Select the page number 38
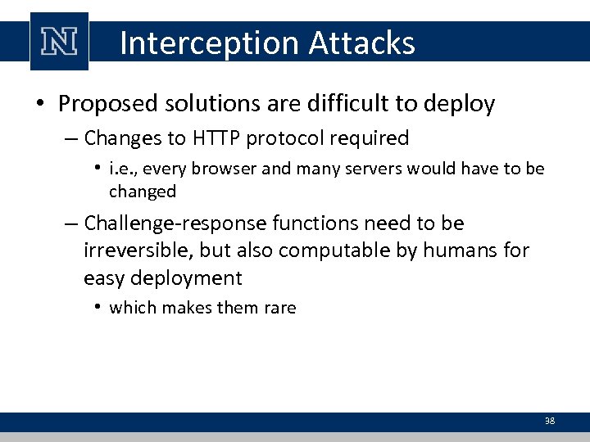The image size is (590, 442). click(550, 422)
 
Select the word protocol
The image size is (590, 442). click(289, 139)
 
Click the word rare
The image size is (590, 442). click(279, 308)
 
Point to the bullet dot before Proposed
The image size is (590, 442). click(39, 105)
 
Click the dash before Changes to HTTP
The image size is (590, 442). click(70, 139)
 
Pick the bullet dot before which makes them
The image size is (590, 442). click(98, 308)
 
